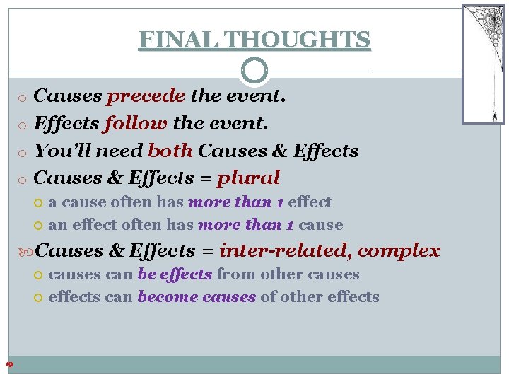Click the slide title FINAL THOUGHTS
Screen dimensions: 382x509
[x=255, y=39]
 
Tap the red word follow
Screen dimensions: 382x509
[x=136, y=123]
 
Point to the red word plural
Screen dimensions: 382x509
[x=249, y=178]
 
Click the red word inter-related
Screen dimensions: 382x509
[x=285, y=250]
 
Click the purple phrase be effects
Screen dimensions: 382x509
[x=175, y=274]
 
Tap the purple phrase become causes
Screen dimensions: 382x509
[x=197, y=297]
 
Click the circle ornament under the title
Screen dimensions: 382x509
[x=255, y=71]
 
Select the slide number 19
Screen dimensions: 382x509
[x=8, y=364]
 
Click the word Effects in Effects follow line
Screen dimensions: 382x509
[x=66, y=123]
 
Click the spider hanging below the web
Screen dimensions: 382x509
[x=494, y=115]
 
